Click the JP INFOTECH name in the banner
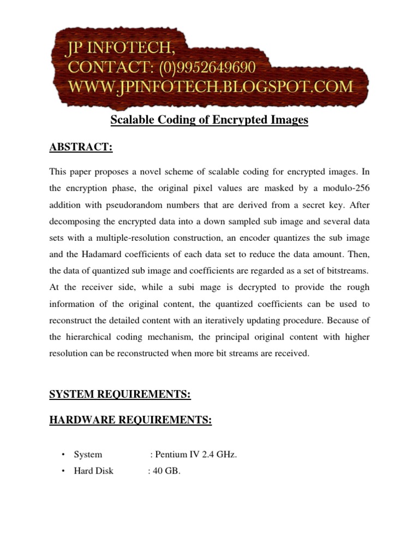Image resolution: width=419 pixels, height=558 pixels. pos(121,50)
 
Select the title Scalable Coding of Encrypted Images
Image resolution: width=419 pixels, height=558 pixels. pos(209,120)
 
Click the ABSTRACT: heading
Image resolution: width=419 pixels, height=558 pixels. pos(81,147)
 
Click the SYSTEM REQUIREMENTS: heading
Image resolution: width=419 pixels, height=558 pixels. pos(120,395)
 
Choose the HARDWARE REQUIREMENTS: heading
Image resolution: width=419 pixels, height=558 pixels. pos(130,420)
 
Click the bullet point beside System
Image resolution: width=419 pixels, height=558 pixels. pos(64,454)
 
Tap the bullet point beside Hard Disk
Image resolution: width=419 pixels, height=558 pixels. pos(64,470)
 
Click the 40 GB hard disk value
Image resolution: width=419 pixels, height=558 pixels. pos(166,470)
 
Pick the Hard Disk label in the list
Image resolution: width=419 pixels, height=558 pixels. pos(94,470)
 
